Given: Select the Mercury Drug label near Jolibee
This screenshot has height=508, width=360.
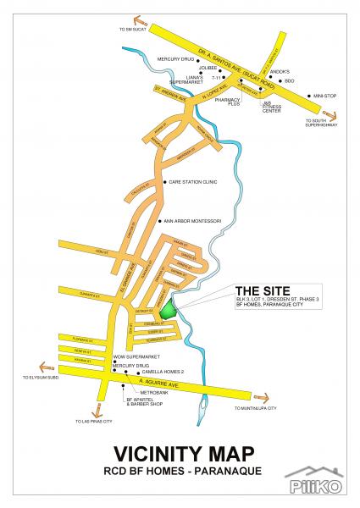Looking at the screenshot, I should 175,58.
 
